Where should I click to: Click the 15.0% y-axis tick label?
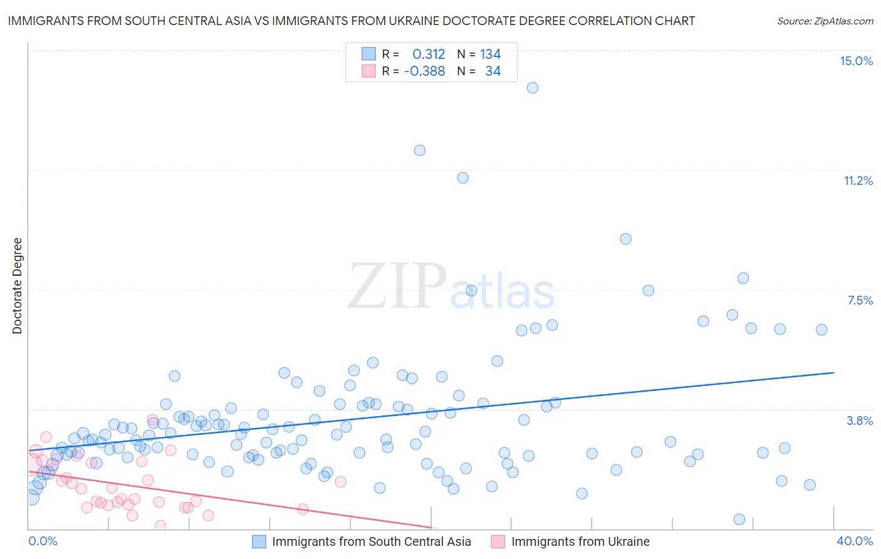856,61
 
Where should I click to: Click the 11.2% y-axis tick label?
858,180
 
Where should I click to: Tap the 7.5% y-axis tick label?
860,300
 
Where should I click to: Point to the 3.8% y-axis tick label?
860,421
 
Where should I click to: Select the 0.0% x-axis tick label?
43,541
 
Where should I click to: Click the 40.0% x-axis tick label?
854,541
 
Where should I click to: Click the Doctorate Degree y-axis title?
17,286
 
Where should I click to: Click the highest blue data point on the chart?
533,88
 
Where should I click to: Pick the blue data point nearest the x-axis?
739,520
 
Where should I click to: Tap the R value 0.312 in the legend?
429,55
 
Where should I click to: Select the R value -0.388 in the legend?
424,71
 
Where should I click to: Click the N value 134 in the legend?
491,55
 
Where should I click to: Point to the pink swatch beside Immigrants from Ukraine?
498,541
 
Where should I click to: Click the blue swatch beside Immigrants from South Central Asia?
259,541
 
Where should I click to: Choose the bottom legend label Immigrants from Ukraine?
580,541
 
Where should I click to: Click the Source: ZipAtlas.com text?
825,21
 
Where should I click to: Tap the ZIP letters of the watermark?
397,287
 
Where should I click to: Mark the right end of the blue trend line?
833,373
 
